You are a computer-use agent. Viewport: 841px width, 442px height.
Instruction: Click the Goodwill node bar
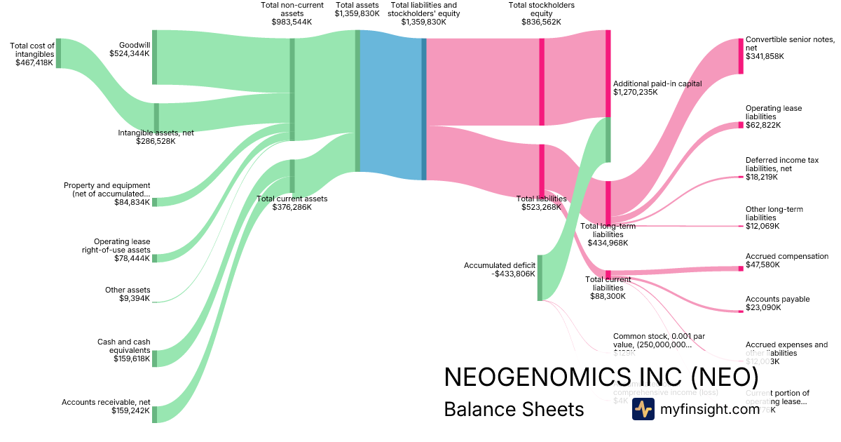[154, 57]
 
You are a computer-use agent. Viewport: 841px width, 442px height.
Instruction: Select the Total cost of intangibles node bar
[58, 53]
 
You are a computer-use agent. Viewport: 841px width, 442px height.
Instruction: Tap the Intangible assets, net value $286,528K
[156, 141]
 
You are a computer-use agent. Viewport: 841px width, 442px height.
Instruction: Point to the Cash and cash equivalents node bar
[155, 359]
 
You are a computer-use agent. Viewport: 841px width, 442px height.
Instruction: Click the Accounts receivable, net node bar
[155, 414]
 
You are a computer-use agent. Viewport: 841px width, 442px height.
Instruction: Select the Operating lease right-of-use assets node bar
[155, 258]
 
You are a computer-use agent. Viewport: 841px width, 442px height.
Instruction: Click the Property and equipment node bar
[155, 202]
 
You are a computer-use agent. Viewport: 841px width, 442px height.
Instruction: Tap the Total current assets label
[292, 199]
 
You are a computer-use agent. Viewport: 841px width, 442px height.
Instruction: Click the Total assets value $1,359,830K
[357, 13]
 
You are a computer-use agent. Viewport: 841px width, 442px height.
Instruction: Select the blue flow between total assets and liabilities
[390, 105]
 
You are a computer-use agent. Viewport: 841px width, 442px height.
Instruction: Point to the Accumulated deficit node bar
[540, 278]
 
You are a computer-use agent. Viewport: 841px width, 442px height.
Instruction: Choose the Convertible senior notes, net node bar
[740, 55]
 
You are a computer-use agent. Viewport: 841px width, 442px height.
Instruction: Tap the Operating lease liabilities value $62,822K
[763, 125]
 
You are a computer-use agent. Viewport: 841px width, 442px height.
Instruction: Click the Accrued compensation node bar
[740, 268]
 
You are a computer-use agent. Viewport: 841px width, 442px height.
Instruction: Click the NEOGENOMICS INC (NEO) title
[601, 377]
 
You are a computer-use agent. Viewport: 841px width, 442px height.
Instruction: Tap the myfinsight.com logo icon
[643, 409]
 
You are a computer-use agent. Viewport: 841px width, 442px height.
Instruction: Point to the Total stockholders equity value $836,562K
[541, 22]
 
